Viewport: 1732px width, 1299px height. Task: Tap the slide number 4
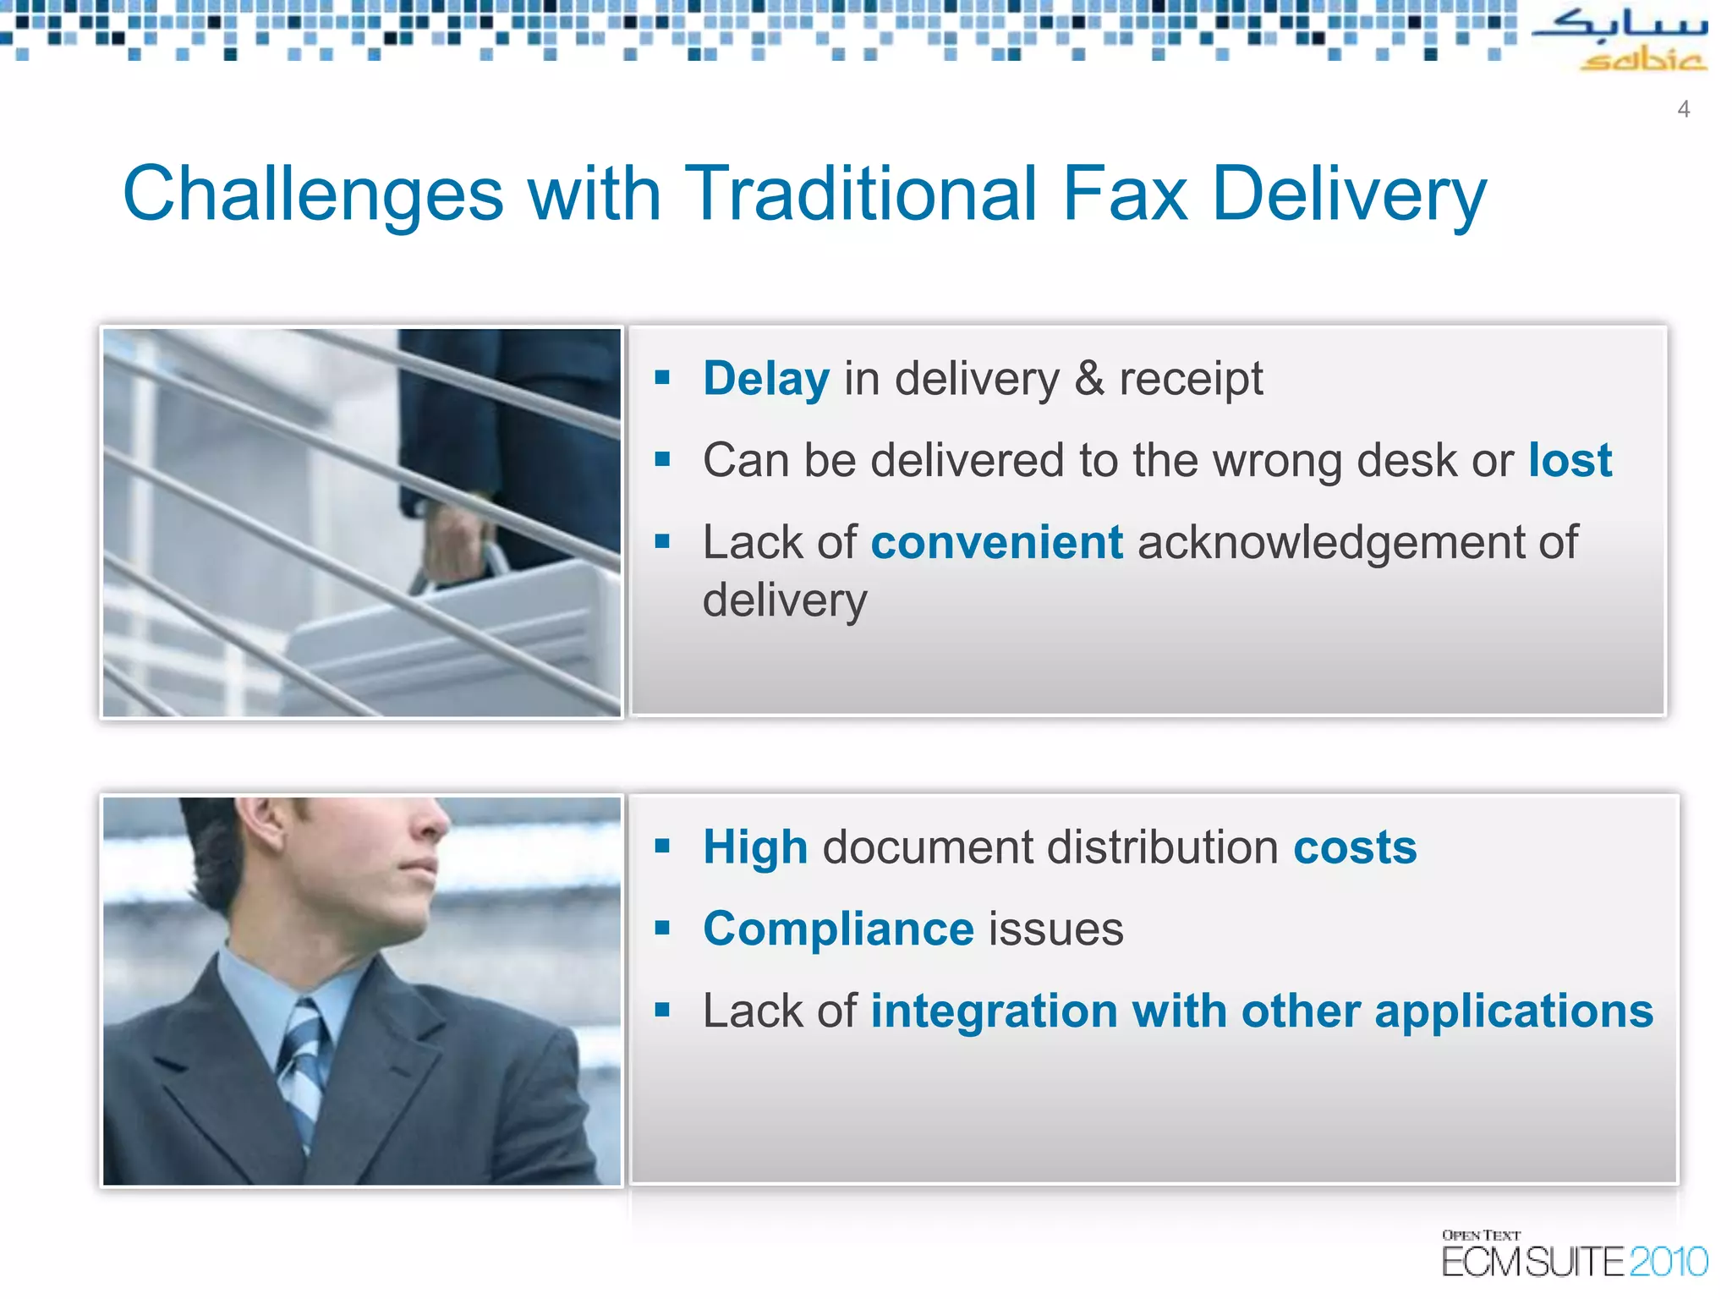[1684, 109]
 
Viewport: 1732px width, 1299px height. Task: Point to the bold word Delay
[766, 379]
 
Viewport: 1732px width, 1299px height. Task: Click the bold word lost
[1570, 461]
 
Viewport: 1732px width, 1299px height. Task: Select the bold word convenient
[997, 542]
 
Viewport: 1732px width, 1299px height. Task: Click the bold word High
[755, 847]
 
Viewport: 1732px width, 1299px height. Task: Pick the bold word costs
[1355, 847]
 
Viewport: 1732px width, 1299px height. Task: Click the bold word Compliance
[838, 929]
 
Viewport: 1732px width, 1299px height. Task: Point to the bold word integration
[993, 1011]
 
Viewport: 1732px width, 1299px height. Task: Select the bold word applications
[1514, 1011]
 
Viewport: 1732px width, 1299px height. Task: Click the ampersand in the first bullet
[1090, 379]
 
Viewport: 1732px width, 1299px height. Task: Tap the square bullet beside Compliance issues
[662, 928]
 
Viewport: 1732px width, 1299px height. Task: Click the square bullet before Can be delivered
[662, 459]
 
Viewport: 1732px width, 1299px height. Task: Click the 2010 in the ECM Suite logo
[1668, 1262]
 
